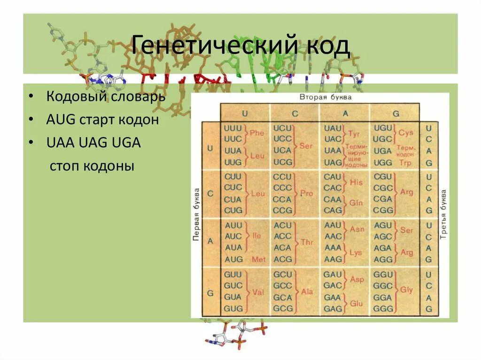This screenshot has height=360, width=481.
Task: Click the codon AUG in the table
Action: (233, 259)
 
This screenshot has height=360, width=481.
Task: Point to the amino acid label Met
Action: (258, 259)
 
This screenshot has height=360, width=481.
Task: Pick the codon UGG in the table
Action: (382, 162)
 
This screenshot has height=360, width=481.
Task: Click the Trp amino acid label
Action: (404, 162)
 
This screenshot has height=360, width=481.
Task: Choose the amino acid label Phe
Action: (257, 133)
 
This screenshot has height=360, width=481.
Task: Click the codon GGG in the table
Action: (382, 308)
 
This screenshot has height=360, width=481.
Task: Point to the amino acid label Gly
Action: (406, 290)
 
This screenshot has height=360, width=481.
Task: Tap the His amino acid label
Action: (356, 182)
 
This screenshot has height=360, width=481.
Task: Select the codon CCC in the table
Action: (282, 188)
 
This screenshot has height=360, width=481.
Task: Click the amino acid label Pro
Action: (307, 193)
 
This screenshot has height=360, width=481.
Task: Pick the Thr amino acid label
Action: (307, 242)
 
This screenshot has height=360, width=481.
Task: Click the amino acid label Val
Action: (258, 292)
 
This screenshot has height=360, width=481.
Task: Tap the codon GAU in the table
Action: (333, 275)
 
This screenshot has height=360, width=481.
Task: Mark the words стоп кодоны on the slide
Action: (92, 166)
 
